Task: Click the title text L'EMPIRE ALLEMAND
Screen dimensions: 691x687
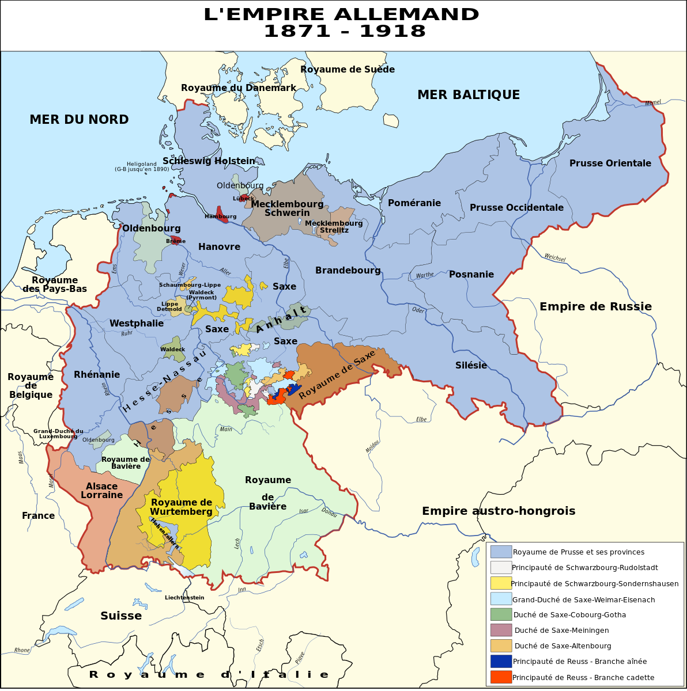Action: coord(341,14)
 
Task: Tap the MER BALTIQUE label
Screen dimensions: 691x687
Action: coord(468,95)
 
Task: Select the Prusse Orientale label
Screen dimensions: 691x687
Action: coord(610,164)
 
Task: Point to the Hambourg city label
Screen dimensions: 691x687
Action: coord(220,217)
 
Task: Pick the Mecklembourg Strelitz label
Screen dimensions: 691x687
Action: coord(334,226)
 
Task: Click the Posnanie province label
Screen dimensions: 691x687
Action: coord(471,275)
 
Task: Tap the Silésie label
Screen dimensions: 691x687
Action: coord(471,366)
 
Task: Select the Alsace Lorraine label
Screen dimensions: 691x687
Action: coord(101,491)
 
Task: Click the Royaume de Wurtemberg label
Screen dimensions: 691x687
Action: coord(181,507)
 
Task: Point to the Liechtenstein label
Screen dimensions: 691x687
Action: coord(184,598)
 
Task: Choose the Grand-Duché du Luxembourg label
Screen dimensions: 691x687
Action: coord(58,434)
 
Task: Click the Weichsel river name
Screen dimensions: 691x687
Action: coord(554,258)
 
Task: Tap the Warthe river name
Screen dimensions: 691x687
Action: coord(424,275)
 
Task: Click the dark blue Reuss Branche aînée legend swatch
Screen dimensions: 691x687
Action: coord(501,661)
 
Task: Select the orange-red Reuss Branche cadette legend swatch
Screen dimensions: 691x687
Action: coord(501,677)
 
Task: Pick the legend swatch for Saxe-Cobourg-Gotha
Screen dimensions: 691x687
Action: coord(501,614)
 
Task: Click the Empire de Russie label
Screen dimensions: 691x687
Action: coord(595,307)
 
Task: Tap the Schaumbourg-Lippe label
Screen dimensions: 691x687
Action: coord(190,285)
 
